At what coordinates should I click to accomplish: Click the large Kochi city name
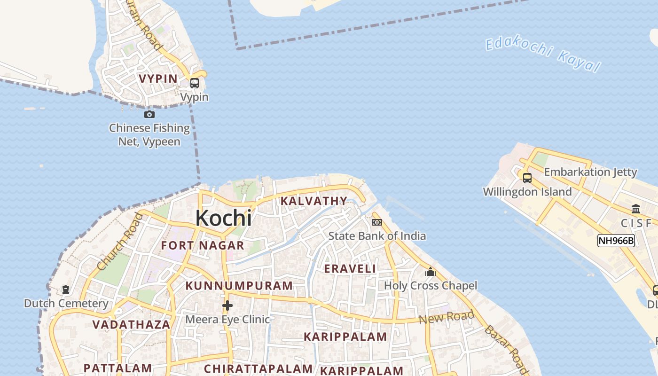click(223, 218)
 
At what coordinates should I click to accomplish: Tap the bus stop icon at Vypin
click(194, 83)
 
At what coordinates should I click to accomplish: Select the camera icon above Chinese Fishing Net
click(149, 114)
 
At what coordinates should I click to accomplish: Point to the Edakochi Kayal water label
click(543, 55)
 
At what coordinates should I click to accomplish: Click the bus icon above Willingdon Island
click(527, 178)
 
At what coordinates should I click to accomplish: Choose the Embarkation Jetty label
click(590, 172)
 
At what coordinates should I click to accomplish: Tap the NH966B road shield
click(616, 241)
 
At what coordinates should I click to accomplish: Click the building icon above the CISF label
click(636, 209)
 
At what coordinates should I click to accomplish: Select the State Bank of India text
click(377, 235)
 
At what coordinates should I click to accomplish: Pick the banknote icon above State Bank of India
click(377, 222)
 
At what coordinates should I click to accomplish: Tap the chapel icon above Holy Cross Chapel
click(430, 272)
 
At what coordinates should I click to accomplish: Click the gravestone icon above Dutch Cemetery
click(66, 290)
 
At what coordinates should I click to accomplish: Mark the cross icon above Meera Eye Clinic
click(227, 306)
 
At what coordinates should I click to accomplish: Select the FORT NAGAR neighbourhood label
click(203, 245)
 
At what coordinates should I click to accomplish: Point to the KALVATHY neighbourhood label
click(313, 201)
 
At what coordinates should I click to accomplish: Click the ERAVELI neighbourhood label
click(350, 269)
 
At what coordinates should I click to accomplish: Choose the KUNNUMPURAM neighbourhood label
click(239, 286)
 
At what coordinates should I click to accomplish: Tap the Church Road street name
click(119, 242)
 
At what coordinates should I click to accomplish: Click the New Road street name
click(446, 317)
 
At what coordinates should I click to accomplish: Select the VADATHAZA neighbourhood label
click(131, 325)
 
